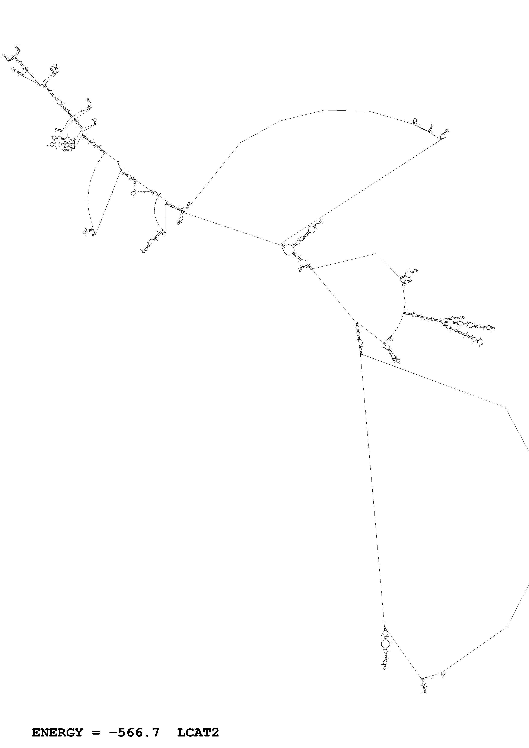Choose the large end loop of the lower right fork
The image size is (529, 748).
[x=479, y=342]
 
